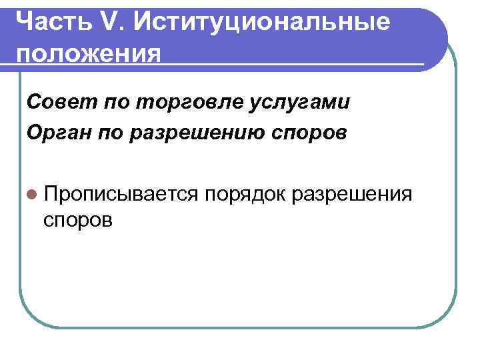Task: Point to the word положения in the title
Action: pos(89,53)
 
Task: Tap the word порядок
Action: pos(245,193)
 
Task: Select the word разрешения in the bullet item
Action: pos(353,193)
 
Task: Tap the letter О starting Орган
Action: pos(34,132)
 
